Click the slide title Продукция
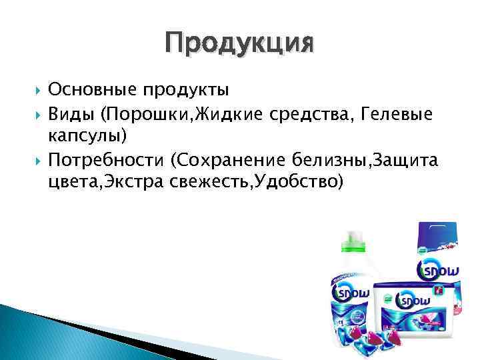click(x=239, y=44)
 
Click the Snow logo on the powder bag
click(x=436, y=269)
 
